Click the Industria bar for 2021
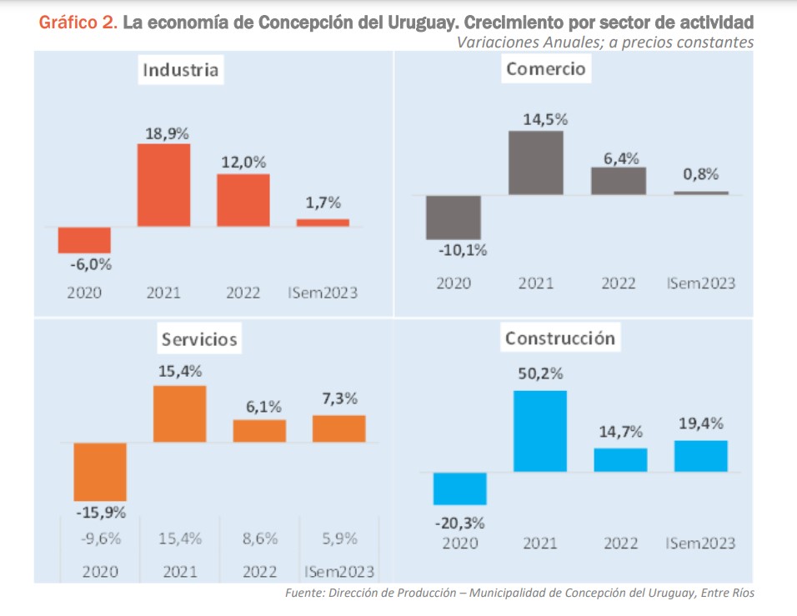click(163, 185)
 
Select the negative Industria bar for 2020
click(84, 240)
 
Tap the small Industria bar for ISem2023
click(323, 223)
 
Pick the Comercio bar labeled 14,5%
click(536, 163)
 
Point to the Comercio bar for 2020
click(453, 218)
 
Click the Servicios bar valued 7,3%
click(338, 428)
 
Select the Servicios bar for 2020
click(100, 472)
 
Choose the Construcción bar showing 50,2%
click(540, 431)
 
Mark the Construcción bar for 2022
click(620, 460)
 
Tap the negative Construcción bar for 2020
click(459, 488)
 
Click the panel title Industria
click(181, 70)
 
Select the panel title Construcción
click(559, 338)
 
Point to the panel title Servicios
click(199, 339)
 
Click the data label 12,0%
click(243, 162)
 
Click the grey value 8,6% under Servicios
click(259, 538)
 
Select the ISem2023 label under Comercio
click(700, 283)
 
